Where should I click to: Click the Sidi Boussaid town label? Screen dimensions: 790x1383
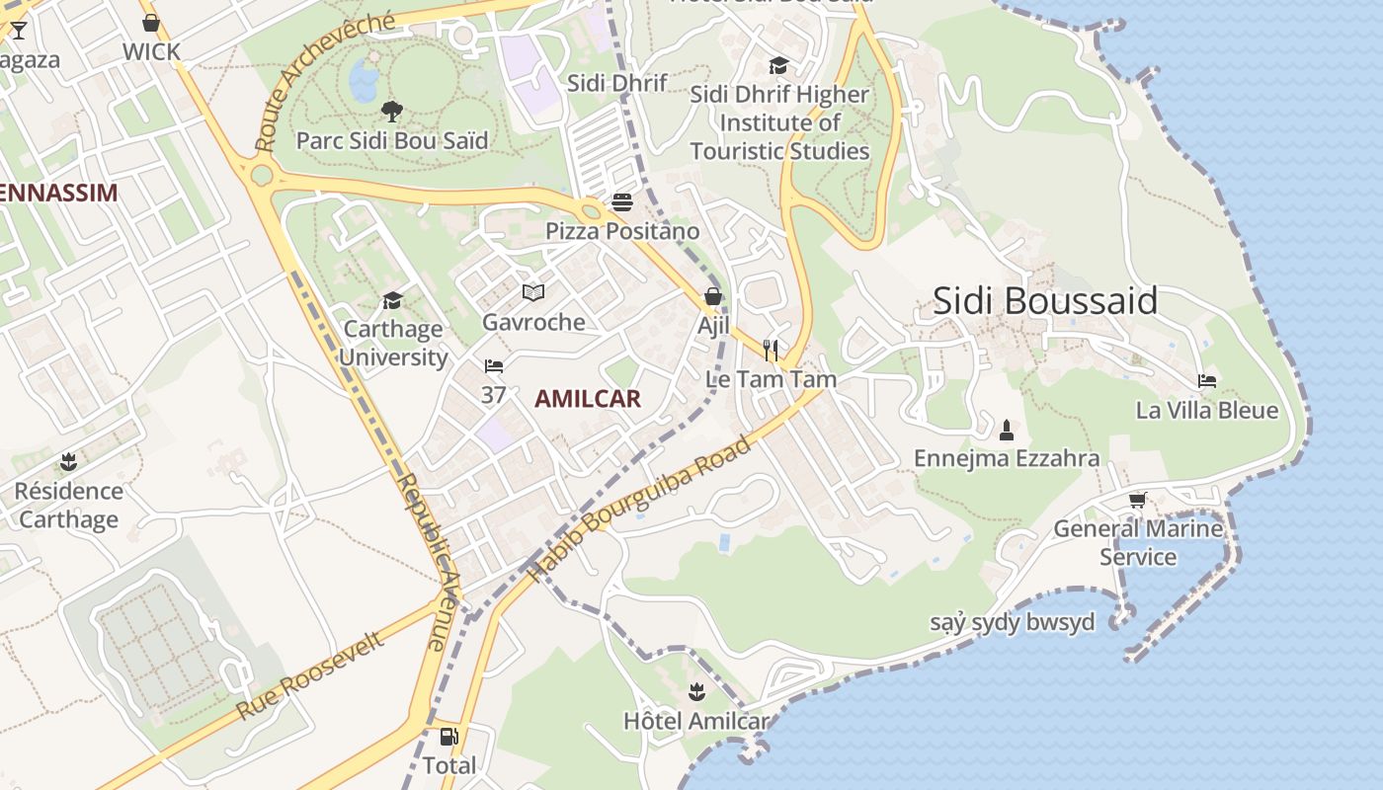(1044, 301)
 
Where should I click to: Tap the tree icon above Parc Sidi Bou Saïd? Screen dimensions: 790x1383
(392, 111)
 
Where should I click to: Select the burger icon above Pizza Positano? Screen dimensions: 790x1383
(622, 202)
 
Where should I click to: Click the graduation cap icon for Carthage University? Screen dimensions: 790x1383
(393, 300)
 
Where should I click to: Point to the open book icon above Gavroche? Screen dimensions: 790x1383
(533, 292)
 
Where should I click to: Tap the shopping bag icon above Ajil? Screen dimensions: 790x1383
(712, 296)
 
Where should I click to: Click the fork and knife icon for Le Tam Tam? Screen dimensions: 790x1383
(771, 350)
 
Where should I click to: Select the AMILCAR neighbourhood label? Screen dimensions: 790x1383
(588, 399)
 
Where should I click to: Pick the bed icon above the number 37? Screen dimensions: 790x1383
(494, 366)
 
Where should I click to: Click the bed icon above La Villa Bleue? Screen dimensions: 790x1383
(1206, 381)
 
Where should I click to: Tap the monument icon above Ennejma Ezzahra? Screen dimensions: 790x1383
(1007, 430)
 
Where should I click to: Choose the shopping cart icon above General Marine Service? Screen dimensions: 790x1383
(1138, 500)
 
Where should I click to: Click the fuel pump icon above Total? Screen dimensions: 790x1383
(448, 737)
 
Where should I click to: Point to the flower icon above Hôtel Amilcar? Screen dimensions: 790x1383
(696, 691)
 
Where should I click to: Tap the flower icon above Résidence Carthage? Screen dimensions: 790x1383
(68, 461)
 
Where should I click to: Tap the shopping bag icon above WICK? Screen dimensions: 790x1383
(151, 23)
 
